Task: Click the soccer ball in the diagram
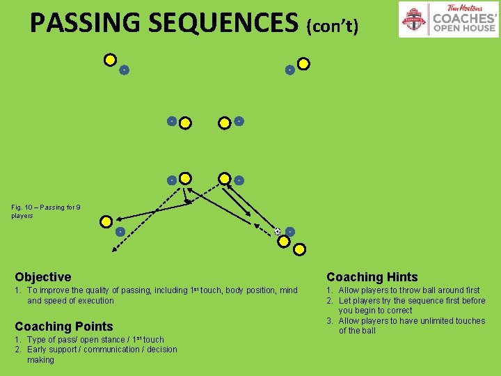[278, 231]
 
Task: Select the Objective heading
[43, 277]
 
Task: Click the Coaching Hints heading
[372, 277]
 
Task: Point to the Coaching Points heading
[64, 327]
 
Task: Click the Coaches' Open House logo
[448, 19]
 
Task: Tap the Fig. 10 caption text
[46, 211]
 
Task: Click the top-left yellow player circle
[110, 60]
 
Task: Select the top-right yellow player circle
[303, 63]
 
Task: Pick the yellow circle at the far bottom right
[299, 249]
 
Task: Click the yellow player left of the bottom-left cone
[106, 222]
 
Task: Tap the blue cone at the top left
[124, 70]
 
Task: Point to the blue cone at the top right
[289, 70]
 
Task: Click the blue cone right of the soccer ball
[290, 231]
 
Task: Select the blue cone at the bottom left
[120, 231]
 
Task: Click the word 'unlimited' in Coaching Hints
[438, 321]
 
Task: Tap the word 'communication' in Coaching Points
[111, 350]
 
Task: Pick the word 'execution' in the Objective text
[95, 301]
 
